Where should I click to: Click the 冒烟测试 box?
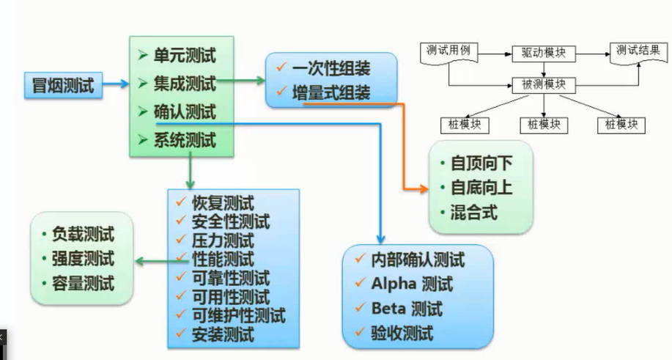(63, 85)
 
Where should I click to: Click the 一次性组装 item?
(331, 68)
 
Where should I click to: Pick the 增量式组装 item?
(331, 92)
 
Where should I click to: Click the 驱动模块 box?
(543, 53)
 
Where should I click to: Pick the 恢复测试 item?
(223, 203)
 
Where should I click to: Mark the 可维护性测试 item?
(238, 316)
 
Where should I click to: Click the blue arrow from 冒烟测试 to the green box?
(114, 85)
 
